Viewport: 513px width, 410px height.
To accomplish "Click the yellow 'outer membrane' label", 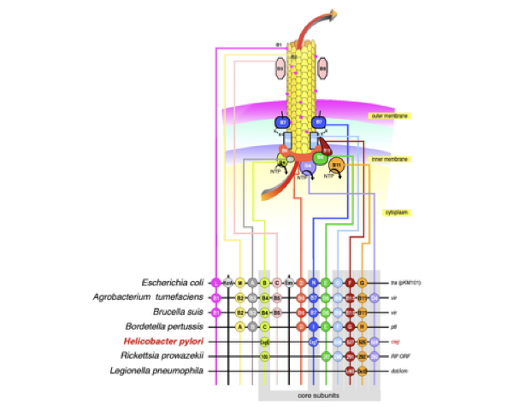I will pos(386,115).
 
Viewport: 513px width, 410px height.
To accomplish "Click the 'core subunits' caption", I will pos(318,396).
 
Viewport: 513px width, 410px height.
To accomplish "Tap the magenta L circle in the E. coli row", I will pos(216,282).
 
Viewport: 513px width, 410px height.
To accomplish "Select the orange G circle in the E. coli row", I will pos(363,282).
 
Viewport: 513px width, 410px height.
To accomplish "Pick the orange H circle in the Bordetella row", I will pos(363,326).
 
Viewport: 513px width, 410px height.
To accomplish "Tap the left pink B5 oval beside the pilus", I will pos(278,66).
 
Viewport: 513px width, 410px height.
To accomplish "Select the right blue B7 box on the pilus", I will pos(318,122).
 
